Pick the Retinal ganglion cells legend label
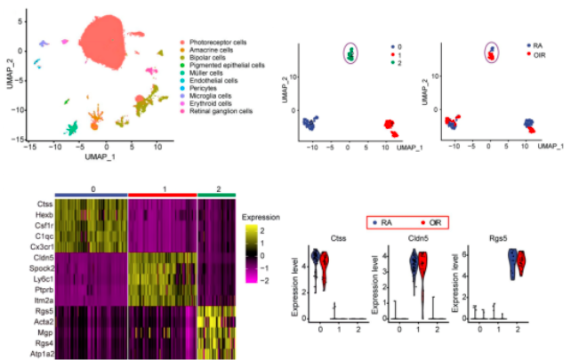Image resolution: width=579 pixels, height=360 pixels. point(219,110)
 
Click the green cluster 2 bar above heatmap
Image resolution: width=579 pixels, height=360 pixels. point(216,193)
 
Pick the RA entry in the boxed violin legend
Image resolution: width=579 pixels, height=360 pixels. point(378,224)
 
